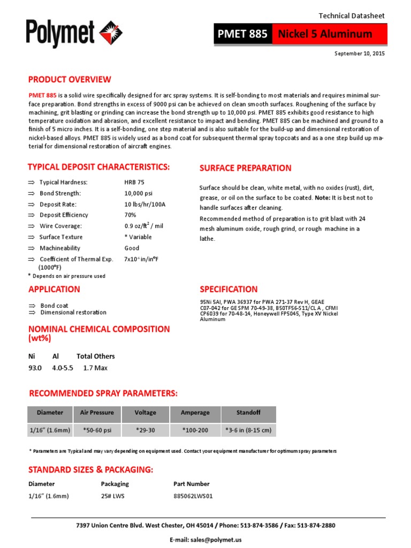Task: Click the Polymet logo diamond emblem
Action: point(111,31)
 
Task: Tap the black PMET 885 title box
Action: point(242,34)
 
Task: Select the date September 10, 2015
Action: point(359,54)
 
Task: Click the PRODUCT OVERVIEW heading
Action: point(70,80)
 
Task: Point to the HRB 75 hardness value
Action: point(134,182)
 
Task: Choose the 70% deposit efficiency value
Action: point(131,215)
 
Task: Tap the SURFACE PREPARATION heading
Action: point(245,168)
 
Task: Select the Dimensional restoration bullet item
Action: point(73,313)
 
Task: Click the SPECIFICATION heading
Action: point(229,290)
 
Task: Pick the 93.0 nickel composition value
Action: point(35,368)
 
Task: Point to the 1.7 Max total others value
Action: point(96,368)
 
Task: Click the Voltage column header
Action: point(145,413)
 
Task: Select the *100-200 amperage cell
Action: point(195,430)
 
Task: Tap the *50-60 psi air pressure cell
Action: point(97,430)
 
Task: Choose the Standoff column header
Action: point(248,413)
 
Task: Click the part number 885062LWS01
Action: point(193,496)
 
